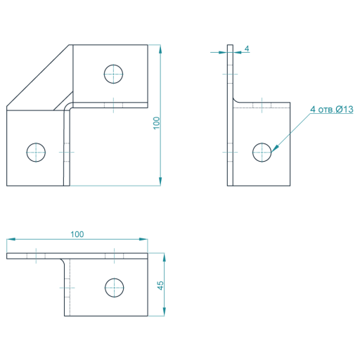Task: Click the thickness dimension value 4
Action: (x=247, y=49)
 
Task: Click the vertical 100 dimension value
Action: (x=156, y=123)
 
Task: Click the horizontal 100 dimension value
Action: (x=77, y=234)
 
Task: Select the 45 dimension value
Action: (x=160, y=285)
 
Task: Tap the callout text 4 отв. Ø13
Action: (x=332, y=109)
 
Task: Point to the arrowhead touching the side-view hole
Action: (x=275, y=148)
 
